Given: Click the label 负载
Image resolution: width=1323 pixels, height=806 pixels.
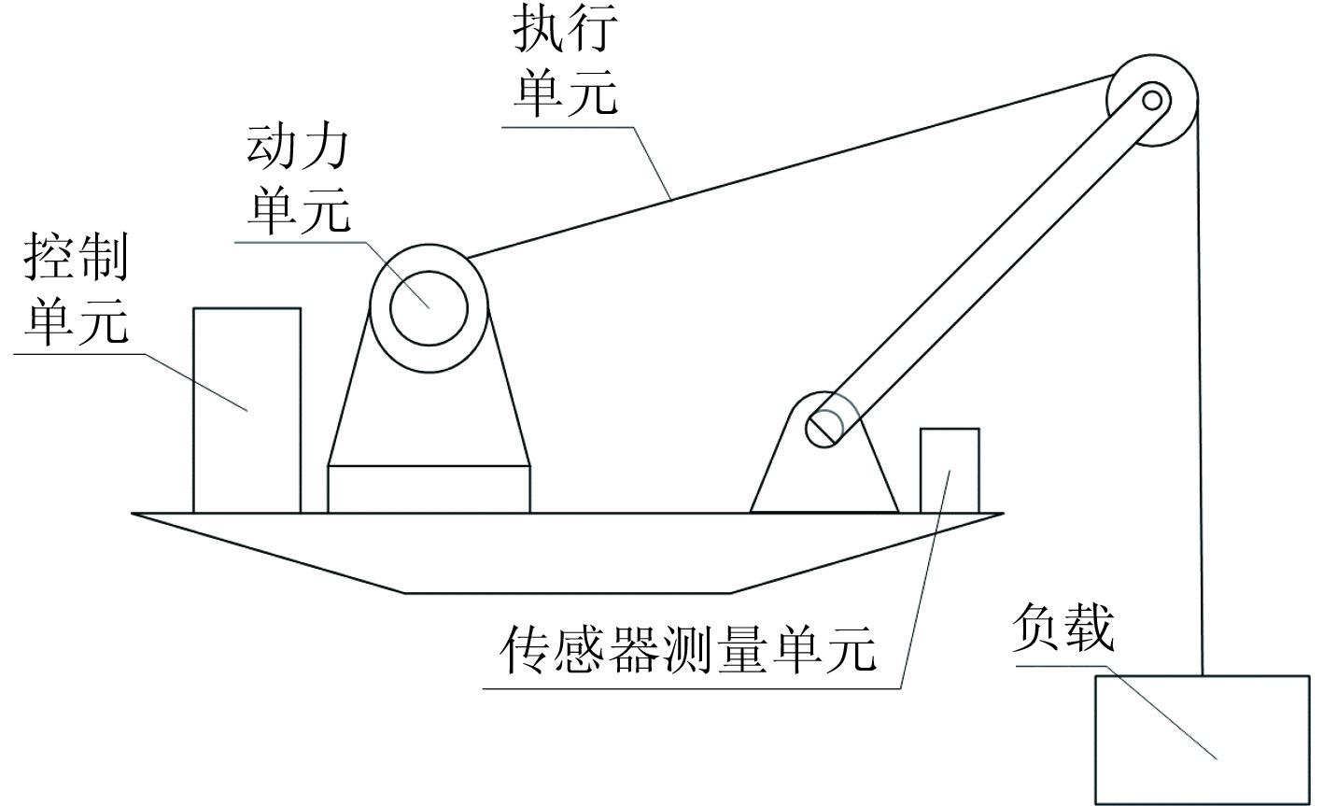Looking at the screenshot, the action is (1063, 627).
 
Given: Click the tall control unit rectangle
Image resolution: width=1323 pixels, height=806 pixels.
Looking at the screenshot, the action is (246, 411).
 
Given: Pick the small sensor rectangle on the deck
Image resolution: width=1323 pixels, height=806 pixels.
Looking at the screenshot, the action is (950, 470).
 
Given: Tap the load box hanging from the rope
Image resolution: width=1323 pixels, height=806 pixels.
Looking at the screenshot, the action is (1202, 739).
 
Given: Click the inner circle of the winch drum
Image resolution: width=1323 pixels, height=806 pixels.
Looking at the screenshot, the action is (429, 307).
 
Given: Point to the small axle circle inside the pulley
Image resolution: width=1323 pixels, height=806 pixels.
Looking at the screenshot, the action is (1152, 99).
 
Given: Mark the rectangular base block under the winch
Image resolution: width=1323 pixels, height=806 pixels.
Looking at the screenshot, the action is (429, 488).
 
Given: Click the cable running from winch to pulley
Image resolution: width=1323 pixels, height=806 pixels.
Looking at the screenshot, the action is (794, 164).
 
